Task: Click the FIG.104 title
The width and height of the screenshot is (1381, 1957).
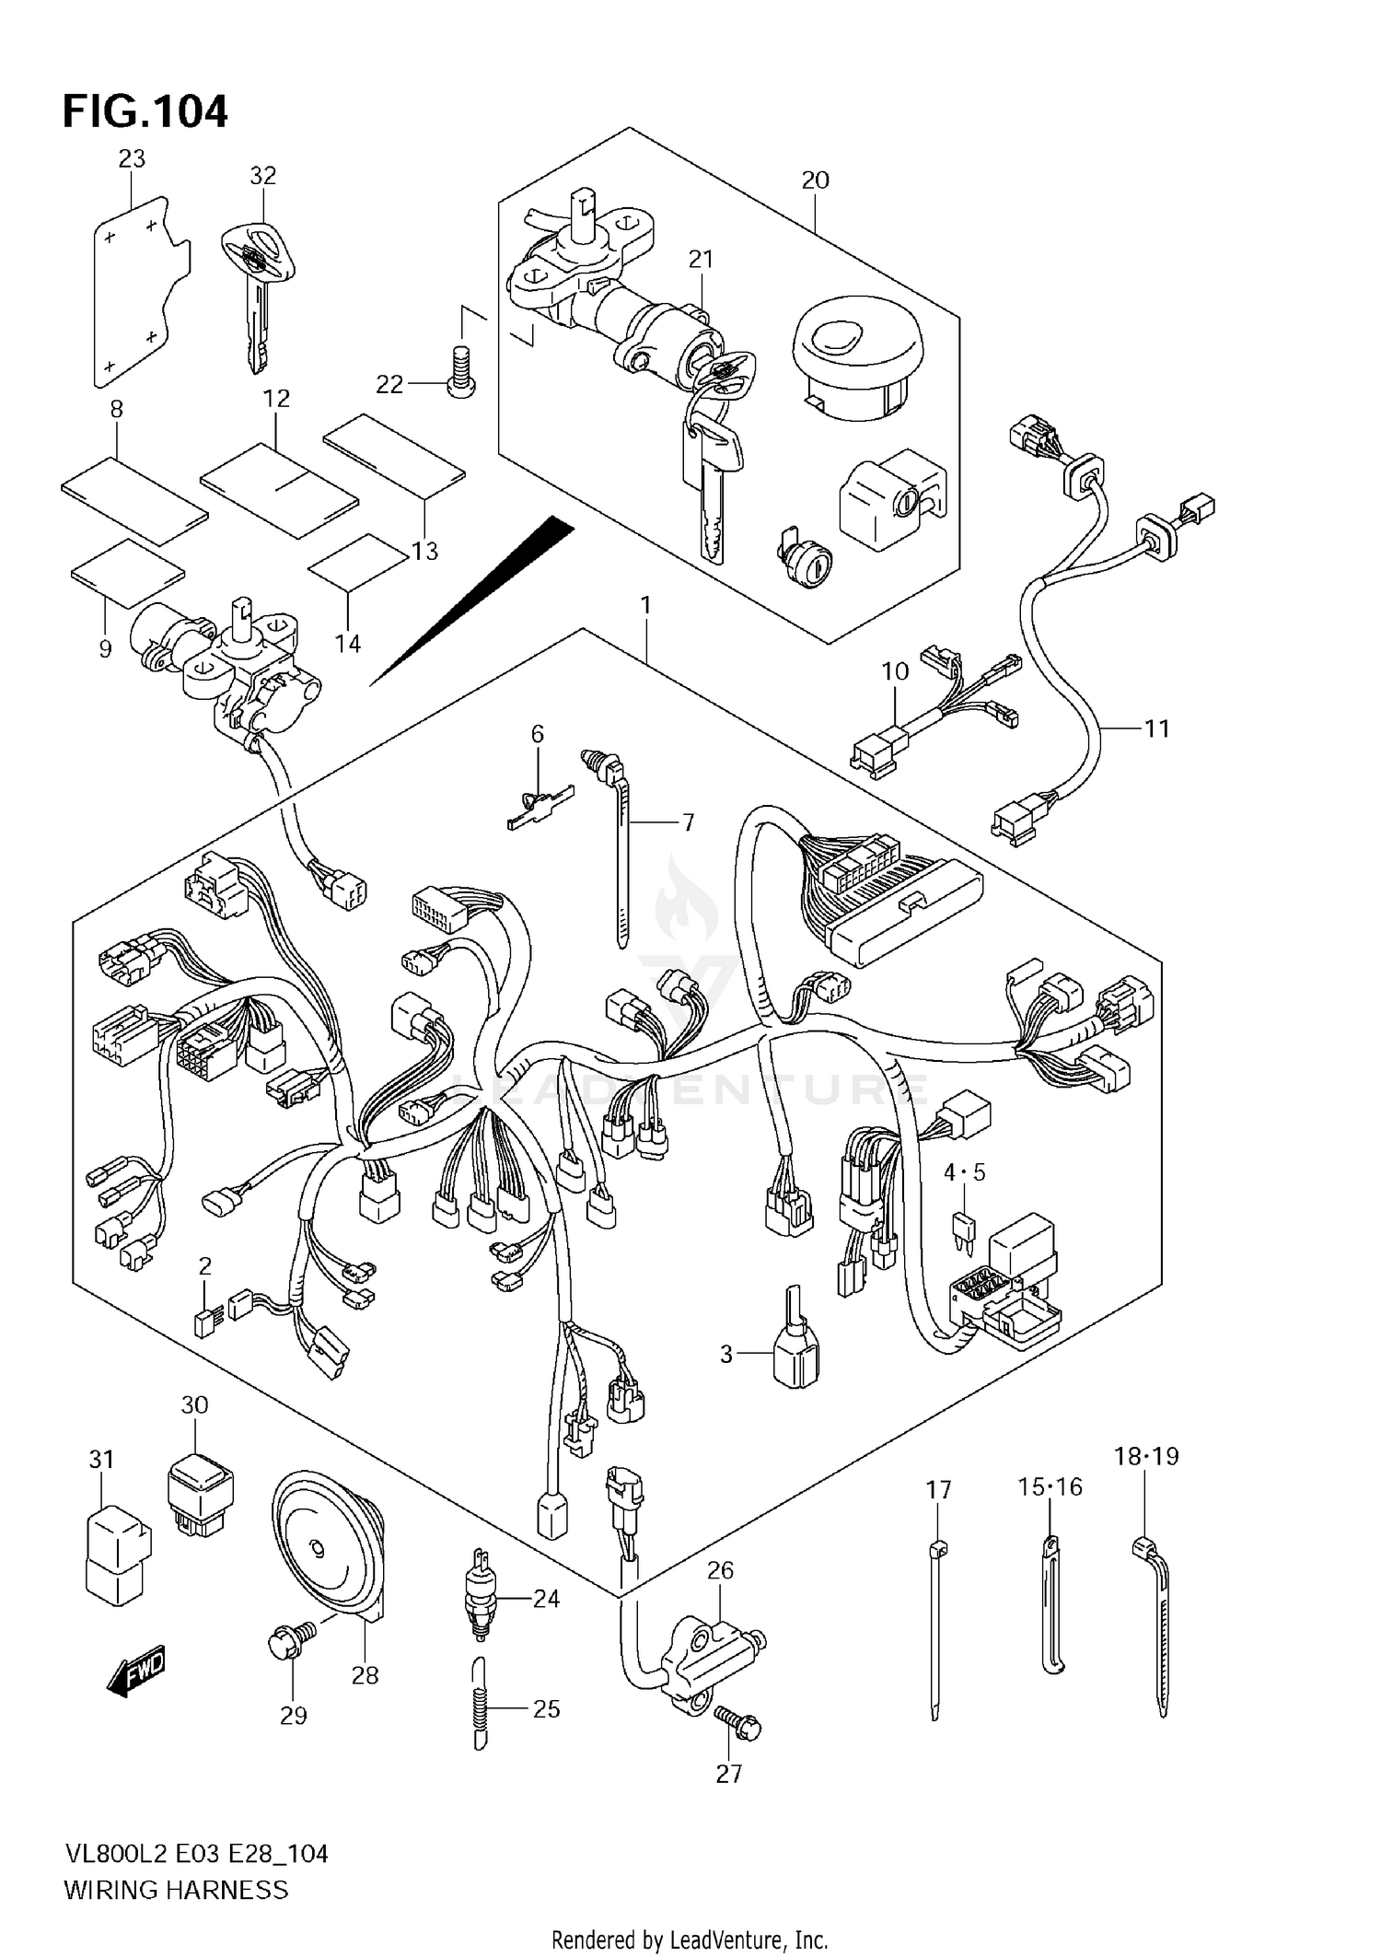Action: click(x=145, y=111)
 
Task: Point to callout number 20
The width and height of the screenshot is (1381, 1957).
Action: click(x=815, y=181)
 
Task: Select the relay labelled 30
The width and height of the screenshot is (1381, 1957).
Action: click(x=200, y=1492)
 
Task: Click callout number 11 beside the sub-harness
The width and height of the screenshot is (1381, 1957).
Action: click(x=1155, y=729)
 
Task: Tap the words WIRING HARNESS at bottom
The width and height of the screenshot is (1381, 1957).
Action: click(x=176, y=1890)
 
